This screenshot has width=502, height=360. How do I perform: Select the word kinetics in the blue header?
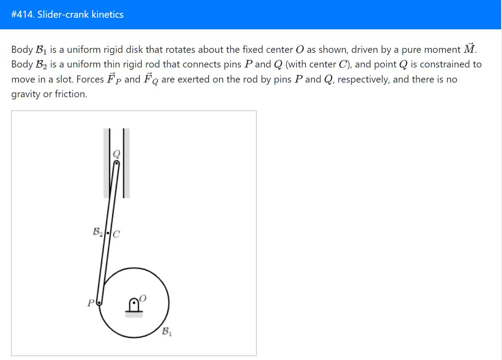[x=107, y=15]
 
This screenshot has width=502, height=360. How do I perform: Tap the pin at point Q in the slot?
[x=116, y=163]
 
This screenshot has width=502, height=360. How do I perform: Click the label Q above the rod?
[x=117, y=154]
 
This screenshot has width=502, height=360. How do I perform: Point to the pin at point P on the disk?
[x=99, y=303]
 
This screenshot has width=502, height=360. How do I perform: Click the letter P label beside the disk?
[x=91, y=304]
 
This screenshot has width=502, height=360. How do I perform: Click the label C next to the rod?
[x=116, y=234]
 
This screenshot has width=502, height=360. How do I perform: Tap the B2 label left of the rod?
[x=97, y=232]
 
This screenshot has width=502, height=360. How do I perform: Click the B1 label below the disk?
[x=166, y=331]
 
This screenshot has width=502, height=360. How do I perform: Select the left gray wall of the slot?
[x=107, y=163]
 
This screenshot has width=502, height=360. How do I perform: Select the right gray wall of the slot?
[x=126, y=163]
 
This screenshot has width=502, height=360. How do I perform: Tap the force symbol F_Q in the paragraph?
[x=151, y=79]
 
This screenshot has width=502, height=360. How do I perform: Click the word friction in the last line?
[x=70, y=94]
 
